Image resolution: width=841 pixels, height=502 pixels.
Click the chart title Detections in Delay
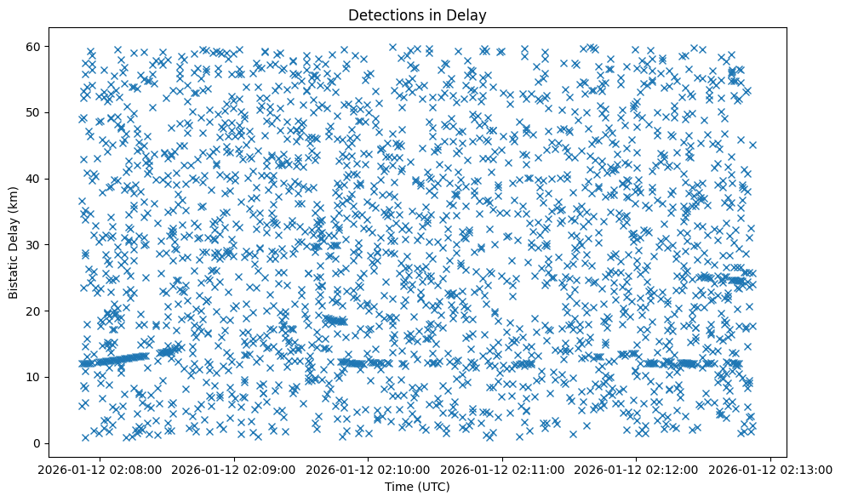(x=417, y=14)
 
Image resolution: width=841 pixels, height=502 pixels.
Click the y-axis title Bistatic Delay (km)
(x=14, y=244)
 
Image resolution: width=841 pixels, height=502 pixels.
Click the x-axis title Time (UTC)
(x=417, y=487)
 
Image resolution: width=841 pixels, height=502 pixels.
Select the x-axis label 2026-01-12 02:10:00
(x=369, y=469)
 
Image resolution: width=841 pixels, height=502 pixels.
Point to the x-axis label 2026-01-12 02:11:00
(x=503, y=469)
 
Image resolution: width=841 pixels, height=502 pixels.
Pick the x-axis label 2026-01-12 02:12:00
(x=637, y=469)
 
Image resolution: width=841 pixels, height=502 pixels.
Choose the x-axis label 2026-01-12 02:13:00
(x=771, y=469)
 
